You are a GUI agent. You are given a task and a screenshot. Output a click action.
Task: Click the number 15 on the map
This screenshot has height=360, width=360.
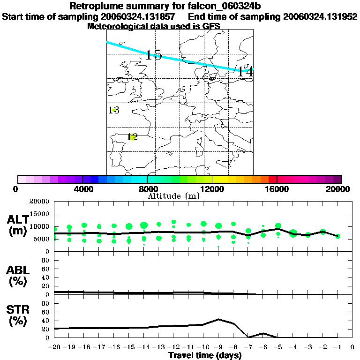pyautogui.click(x=154, y=55)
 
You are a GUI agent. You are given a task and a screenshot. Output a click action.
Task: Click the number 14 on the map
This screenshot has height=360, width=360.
pyautogui.click(x=245, y=72)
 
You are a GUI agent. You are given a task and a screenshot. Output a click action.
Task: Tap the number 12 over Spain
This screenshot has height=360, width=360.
pyautogui.click(x=133, y=137)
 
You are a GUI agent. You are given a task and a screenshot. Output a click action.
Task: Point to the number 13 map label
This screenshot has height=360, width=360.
pyautogui.click(x=114, y=110)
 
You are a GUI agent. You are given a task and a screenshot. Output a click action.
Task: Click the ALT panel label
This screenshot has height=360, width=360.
pyautogui.click(x=18, y=225)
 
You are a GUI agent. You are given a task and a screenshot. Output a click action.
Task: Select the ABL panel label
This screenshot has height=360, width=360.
pyautogui.click(x=18, y=276)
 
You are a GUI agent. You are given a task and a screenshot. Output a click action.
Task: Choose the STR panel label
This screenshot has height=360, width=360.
pyautogui.click(x=18, y=315)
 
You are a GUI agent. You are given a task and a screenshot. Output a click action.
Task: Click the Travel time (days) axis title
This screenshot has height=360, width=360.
pyautogui.click(x=205, y=356)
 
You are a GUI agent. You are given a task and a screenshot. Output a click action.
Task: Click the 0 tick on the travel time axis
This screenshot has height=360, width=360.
pyautogui.click(x=352, y=347)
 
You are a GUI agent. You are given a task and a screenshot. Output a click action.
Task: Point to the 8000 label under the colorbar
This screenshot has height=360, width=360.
pyautogui.click(x=147, y=189)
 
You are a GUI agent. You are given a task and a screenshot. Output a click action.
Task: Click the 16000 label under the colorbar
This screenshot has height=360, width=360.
pyautogui.click(x=277, y=189)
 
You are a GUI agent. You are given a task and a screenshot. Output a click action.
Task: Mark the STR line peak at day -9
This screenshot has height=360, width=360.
pyautogui.click(x=218, y=319)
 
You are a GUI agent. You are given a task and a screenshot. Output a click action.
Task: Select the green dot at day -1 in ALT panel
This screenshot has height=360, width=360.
pyautogui.click(x=337, y=236)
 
